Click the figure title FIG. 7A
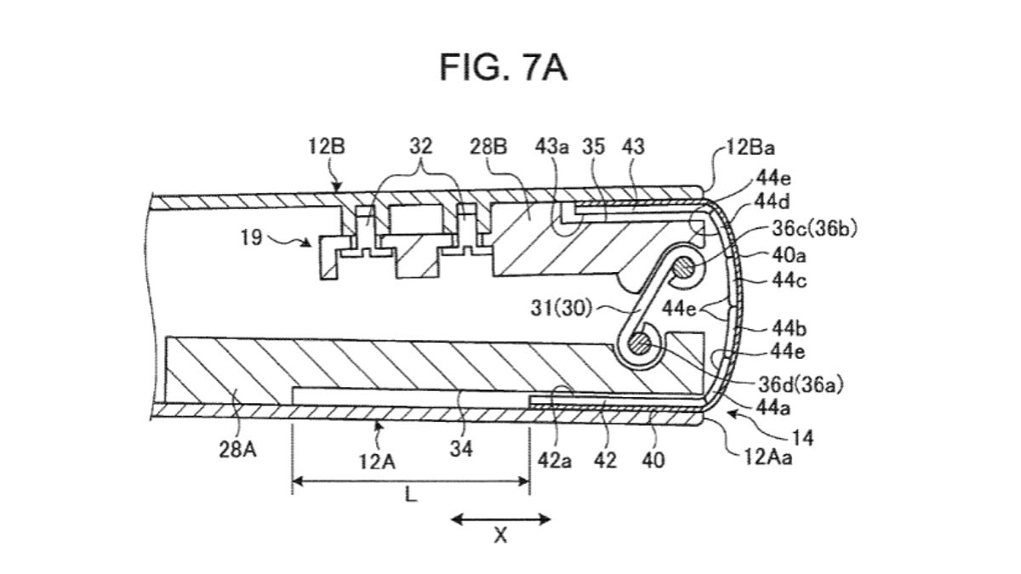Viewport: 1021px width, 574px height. [503, 67]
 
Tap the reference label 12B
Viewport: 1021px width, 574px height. [327, 146]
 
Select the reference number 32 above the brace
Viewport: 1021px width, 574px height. [420, 146]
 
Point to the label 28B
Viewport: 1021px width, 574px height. [488, 146]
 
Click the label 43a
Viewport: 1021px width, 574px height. [552, 146]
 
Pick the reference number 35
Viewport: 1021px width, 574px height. [594, 146]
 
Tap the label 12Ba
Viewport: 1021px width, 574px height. [750, 148]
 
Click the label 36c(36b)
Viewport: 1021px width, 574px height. [814, 229]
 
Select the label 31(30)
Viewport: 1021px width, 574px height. [561, 309]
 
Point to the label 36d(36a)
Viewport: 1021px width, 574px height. [801, 384]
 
